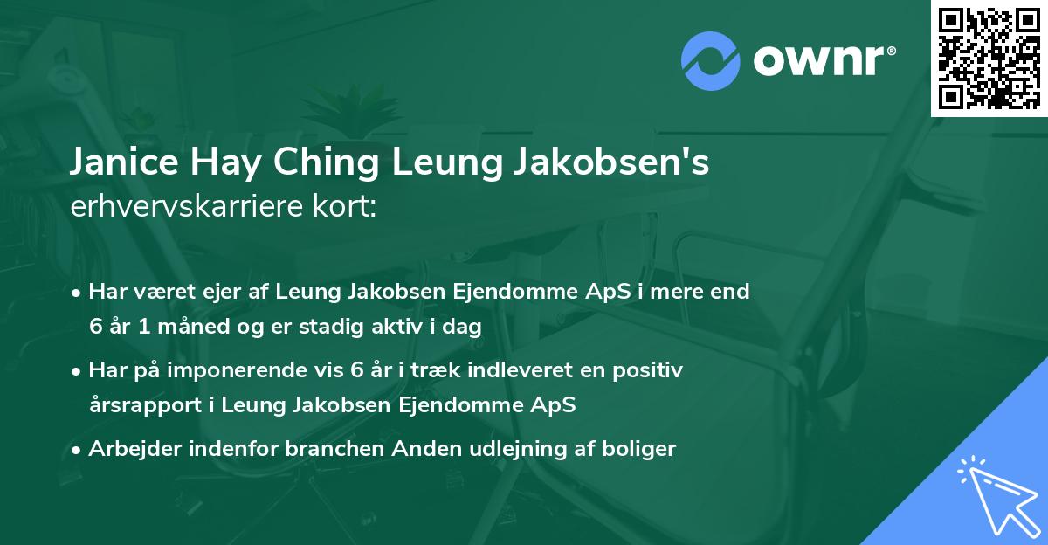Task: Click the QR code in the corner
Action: (x=989, y=58)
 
